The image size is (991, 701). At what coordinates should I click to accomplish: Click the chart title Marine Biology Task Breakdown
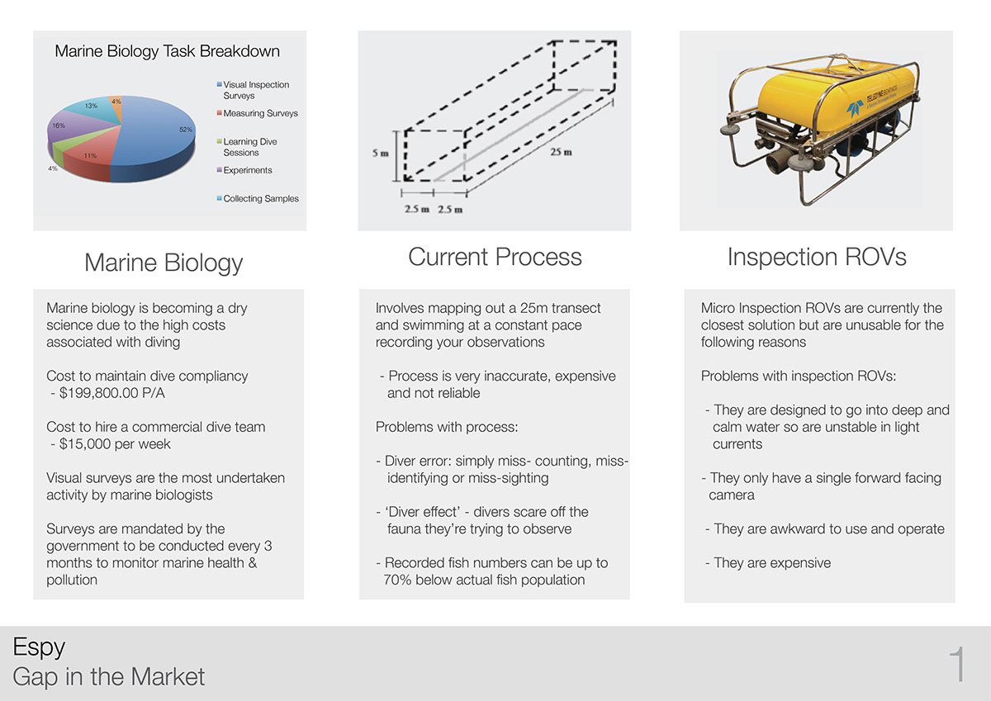coord(167,51)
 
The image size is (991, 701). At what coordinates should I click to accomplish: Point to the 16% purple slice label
coord(58,126)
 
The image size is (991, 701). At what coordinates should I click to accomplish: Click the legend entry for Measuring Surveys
coord(260,113)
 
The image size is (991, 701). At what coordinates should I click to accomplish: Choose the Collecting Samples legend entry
coord(260,198)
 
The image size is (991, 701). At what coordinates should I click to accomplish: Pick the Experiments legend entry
coord(247,170)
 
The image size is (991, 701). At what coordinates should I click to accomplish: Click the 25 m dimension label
coord(562,152)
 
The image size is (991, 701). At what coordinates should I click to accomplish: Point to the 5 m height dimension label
coord(379,154)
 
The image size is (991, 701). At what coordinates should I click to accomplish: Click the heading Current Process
coord(495,257)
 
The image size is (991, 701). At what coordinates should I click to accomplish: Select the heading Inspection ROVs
coord(816,257)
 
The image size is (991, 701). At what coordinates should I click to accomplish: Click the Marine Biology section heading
coord(164,263)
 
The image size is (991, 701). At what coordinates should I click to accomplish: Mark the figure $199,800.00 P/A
coord(111,393)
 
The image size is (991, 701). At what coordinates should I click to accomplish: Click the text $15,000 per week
coord(115,444)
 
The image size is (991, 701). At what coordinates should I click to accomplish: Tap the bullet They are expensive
coord(771,563)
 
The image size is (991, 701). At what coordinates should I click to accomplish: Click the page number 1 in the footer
coord(957,665)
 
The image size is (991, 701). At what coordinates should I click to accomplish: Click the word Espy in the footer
coord(39,647)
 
